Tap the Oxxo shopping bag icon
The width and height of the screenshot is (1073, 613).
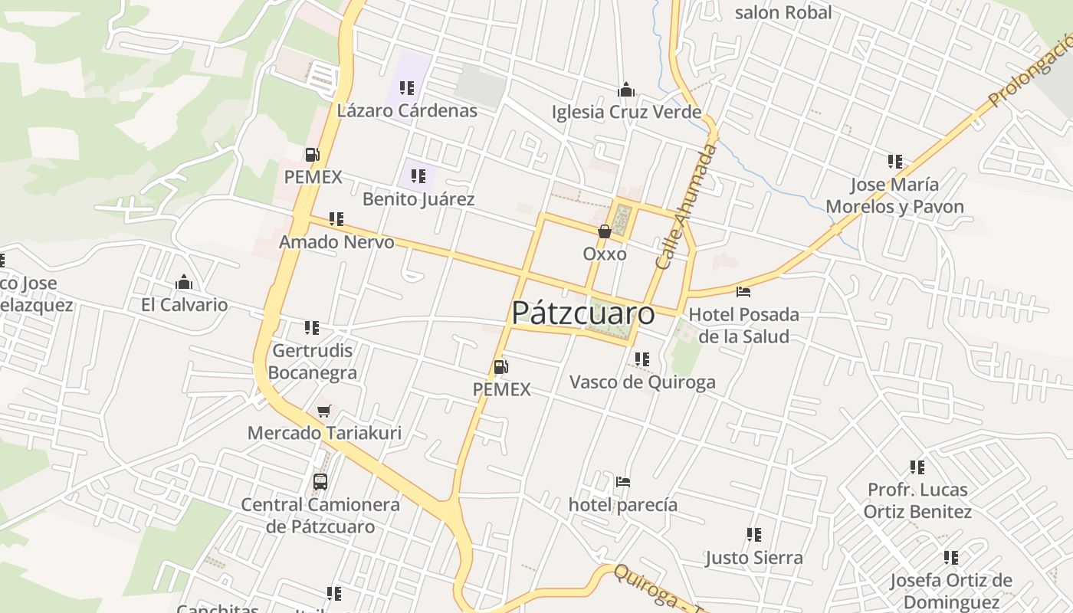(604, 231)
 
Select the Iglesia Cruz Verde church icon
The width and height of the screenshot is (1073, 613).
(626, 90)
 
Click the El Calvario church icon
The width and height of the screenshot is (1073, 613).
(183, 283)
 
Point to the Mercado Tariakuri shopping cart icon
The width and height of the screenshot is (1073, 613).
(324, 411)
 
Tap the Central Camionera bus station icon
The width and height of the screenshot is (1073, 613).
(320, 482)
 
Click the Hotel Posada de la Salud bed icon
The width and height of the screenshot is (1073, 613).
(743, 292)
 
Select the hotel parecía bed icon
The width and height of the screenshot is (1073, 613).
(622, 483)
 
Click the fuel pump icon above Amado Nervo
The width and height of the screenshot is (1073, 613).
(312, 155)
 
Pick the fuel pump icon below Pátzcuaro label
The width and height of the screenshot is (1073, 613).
(500, 367)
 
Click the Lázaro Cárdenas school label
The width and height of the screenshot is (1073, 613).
(407, 111)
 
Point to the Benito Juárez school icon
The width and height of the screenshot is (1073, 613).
(418, 177)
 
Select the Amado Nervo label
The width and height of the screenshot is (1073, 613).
(336, 243)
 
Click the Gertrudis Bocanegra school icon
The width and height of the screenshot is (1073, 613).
(312, 328)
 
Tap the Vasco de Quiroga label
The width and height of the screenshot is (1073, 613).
(642, 382)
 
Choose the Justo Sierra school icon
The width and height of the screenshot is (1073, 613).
(754, 535)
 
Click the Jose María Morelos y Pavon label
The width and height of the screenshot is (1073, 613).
(894, 195)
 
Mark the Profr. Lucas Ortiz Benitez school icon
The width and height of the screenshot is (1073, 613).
(917, 467)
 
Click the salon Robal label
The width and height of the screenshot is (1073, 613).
(783, 12)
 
